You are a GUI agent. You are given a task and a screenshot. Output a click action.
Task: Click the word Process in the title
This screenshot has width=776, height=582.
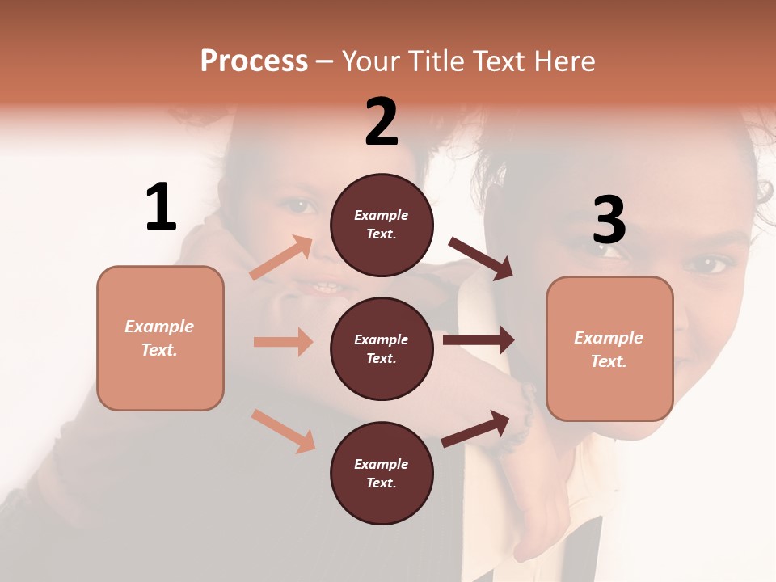click(x=254, y=61)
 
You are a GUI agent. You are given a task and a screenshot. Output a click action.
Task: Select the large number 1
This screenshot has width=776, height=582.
click(x=161, y=208)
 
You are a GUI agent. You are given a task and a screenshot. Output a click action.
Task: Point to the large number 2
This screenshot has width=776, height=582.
click(x=382, y=122)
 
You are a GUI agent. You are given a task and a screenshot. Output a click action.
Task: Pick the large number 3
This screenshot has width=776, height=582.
click(x=609, y=221)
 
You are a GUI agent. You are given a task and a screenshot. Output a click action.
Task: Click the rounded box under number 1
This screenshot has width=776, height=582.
click(x=160, y=338)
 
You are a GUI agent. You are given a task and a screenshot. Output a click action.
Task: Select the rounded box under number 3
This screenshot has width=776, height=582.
click(x=609, y=349)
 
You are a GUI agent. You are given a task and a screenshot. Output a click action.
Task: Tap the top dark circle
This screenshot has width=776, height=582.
click(x=382, y=225)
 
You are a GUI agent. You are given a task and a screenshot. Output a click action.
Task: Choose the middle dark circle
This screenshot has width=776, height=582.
click(x=382, y=349)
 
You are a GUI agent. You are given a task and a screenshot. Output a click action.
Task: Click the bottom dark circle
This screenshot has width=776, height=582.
click(x=382, y=474)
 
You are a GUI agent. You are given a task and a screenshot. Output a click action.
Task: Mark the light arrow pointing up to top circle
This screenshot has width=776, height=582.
click(x=281, y=258)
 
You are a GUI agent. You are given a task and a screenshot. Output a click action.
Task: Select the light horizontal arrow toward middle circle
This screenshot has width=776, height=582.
click(x=283, y=342)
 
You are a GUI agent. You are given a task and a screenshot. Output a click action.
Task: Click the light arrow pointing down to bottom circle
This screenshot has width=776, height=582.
click(x=283, y=430)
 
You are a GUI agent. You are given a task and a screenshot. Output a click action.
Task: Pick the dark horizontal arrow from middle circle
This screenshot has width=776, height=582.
click(x=479, y=340)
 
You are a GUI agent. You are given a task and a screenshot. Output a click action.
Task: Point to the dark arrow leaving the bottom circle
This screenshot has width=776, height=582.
click(x=476, y=428)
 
